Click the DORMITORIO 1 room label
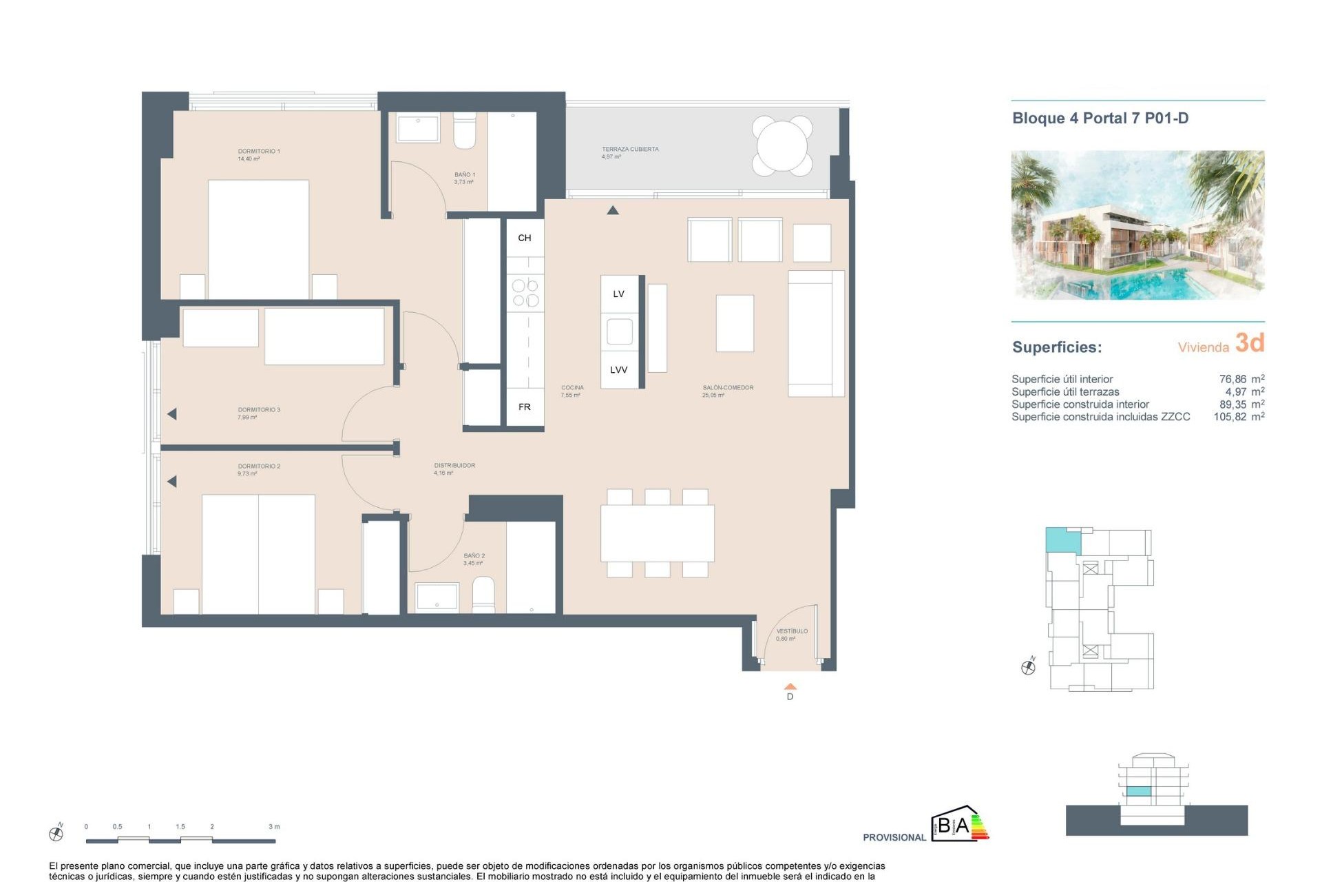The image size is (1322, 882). click(x=259, y=152)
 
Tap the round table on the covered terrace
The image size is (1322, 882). click(x=782, y=145)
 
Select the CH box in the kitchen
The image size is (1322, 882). click(x=525, y=238)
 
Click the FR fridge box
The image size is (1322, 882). click(x=525, y=407)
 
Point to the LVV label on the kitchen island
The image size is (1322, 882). click(x=618, y=370)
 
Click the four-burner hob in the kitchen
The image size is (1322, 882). click(x=525, y=293)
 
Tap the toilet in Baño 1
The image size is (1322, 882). click(x=464, y=132)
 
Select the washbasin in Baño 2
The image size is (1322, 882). click(x=437, y=597)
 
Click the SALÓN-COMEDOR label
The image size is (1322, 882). click(x=728, y=388)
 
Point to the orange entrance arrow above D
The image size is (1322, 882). click(x=790, y=686)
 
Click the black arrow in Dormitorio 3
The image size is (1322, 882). click(x=172, y=414)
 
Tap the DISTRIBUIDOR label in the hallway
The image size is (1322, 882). click(x=454, y=466)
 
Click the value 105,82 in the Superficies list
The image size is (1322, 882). click(x=1230, y=417)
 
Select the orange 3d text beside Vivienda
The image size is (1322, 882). click(x=1250, y=342)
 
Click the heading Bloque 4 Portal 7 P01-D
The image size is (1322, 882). click(x=1100, y=119)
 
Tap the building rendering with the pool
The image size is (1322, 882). click(x=1137, y=225)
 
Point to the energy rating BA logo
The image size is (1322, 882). click(x=960, y=825)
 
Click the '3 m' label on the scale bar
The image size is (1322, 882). click(x=274, y=826)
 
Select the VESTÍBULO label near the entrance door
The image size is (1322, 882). click(x=792, y=631)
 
